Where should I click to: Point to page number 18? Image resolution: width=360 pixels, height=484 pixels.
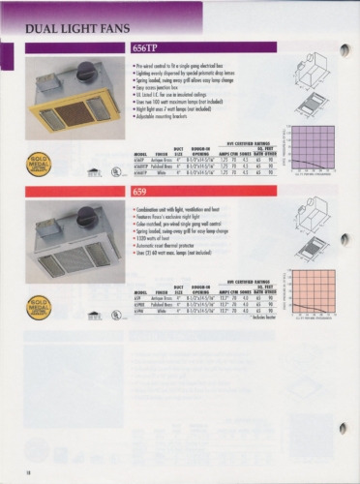(17, 471)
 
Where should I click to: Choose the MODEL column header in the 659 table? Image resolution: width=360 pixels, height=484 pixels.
(141, 295)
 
